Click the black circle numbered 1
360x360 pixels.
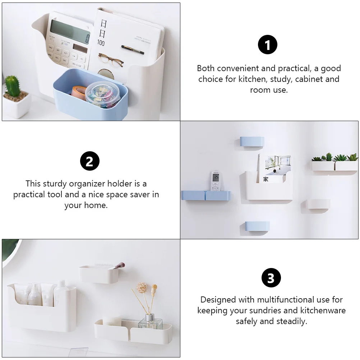(268, 45)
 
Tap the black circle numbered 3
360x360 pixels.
(271, 278)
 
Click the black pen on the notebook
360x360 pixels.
(133, 49)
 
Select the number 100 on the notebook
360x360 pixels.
(101, 43)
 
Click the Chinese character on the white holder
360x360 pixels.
(266, 179)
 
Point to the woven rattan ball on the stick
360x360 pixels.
(140, 287)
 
